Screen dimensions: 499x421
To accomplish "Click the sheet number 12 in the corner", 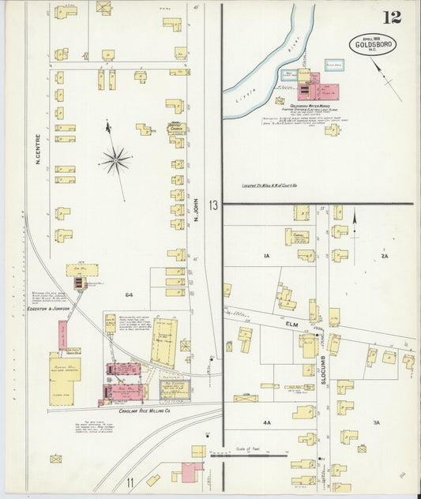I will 391,17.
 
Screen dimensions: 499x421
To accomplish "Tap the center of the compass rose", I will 115,160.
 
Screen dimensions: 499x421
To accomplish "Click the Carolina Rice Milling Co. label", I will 145,411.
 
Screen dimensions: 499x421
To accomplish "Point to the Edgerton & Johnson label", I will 49,309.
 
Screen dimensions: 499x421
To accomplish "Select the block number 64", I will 128,295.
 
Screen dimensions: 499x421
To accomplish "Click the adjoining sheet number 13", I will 213,205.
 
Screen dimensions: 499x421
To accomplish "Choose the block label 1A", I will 266,256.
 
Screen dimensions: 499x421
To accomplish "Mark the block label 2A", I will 384,256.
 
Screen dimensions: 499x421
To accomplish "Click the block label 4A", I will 266,423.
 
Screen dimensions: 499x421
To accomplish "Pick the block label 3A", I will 376,423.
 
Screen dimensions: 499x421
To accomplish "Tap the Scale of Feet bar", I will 248,456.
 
